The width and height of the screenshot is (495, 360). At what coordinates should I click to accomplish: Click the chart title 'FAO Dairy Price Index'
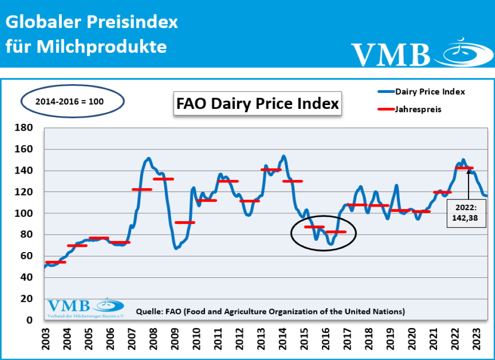tap(257, 104)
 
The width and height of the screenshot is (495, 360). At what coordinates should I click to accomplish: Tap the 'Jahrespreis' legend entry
tap(418, 109)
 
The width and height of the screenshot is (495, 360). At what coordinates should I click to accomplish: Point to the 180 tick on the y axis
tap(24, 128)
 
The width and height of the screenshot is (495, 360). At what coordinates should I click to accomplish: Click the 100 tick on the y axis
tap(24, 213)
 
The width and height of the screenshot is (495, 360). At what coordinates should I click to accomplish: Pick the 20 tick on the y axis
tap(26, 299)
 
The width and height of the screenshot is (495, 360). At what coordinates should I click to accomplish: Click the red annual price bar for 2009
tap(185, 223)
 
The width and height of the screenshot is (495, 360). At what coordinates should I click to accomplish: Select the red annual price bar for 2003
tap(55, 262)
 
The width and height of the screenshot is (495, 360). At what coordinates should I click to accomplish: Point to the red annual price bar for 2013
tap(271, 169)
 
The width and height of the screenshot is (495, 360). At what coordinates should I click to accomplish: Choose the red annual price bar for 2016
tap(336, 232)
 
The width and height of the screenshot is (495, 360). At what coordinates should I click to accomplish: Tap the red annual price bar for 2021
tap(442, 192)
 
